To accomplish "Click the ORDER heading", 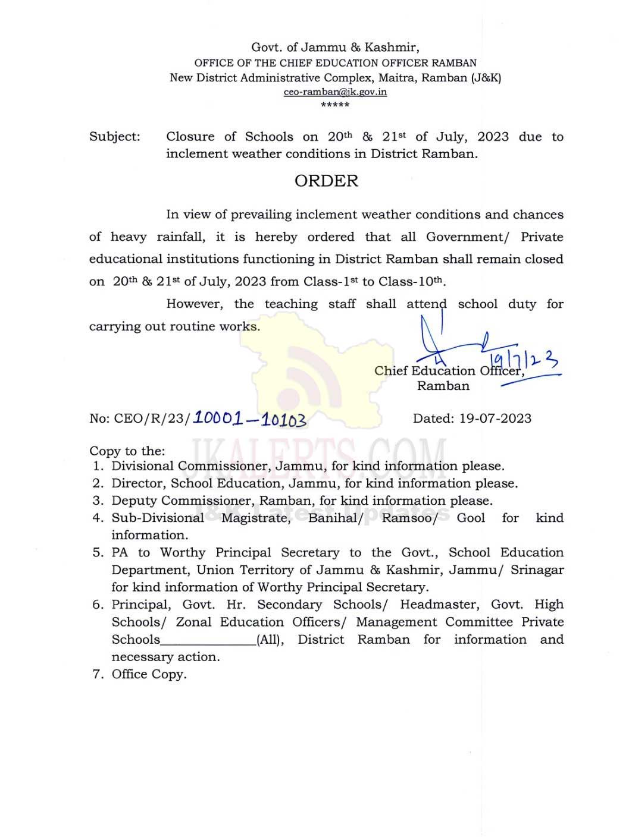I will coord(326,181).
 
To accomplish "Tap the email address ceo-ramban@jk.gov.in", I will coord(335,92).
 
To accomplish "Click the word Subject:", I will coord(115,137).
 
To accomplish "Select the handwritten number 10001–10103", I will coord(250,419).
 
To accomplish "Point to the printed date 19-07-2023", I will coord(495,418).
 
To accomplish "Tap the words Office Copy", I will coord(149,674).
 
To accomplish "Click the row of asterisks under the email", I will coord(335,105).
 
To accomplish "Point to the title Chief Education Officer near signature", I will coord(449,371).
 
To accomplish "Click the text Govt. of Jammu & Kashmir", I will coord(335,48).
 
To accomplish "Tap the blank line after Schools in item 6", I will coord(208,640).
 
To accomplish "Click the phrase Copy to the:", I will coord(127,451).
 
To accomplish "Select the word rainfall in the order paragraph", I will coord(180,237).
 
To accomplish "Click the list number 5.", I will coord(98,553).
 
